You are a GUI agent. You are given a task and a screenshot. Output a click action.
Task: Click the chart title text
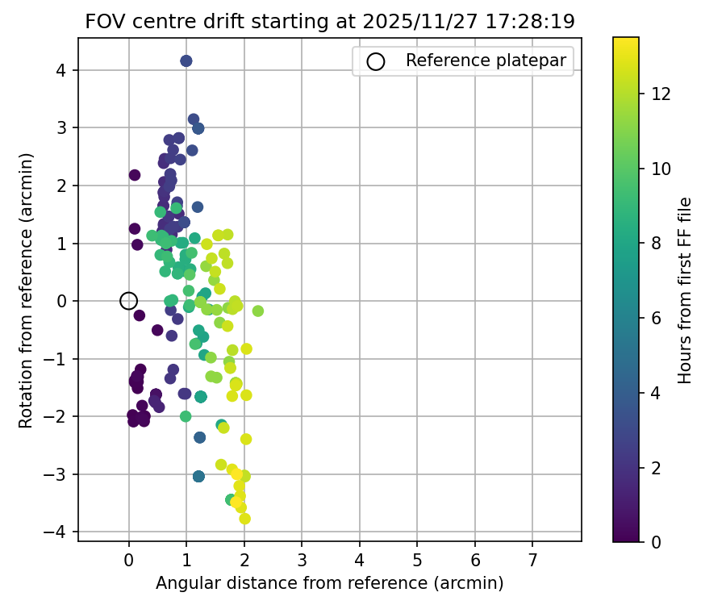pyautogui.click(x=330, y=22)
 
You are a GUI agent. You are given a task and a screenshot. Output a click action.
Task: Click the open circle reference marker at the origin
pyautogui.click(x=128, y=301)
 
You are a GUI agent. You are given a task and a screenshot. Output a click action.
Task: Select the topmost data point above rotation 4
pyautogui.click(x=186, y=61)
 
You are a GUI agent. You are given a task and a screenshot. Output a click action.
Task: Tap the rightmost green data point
pyautogui.click(x=258, y=311)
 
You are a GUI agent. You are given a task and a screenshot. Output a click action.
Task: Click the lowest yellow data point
pyautogui.click(x=245, y=519)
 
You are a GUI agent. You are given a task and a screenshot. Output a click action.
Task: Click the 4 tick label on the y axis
pyautogui.click(x=61, y=70)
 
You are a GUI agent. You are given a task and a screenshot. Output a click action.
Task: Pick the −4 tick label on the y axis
pyautogui.click(x=56, y=532)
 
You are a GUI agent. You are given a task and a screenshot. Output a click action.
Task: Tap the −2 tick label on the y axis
pyautogui.click(x=56, y=416)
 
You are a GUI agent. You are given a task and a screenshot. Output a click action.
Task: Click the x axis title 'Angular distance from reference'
pyautogui.click(x=329, y=582)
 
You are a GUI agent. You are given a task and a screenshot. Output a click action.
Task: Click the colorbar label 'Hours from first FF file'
pyautogui.click(x=685, y=290)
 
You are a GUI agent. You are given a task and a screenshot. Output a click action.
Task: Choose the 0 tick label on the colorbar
pyautogui.click(x=657, y=541)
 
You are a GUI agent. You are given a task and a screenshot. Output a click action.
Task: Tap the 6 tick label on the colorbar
pyautogui.click(x=657, y=318)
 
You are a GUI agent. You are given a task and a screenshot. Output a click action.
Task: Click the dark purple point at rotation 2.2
pyautogui.click(x=135, y=175)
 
